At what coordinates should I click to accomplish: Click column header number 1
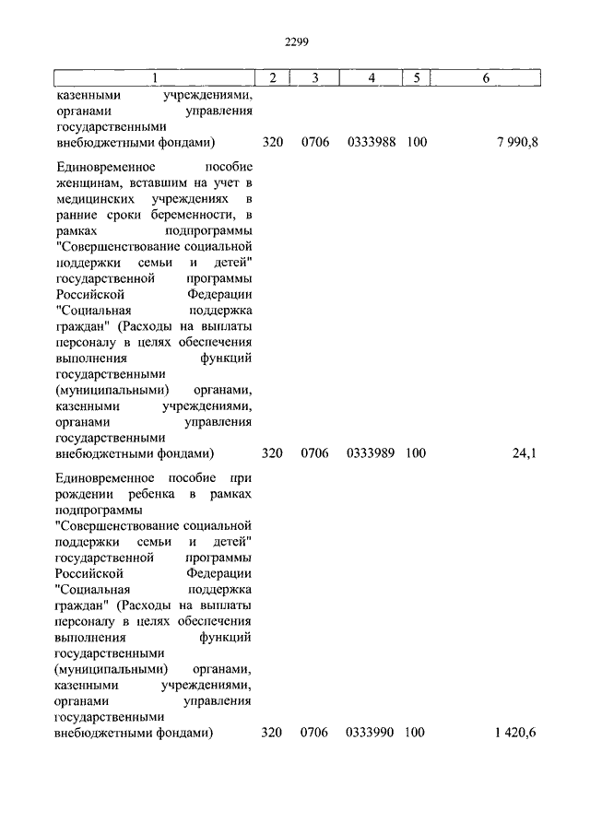point(154,78)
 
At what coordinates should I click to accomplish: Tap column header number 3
point(314,78)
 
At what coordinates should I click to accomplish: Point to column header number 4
point(371,78)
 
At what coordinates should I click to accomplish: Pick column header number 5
point(416,78)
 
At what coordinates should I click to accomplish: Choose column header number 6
point(485,78)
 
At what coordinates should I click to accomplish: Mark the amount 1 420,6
point(514,733)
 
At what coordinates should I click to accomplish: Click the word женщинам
point(86,183)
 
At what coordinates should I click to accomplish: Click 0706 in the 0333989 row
point(314,453)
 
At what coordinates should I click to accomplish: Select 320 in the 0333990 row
point(272,733)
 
